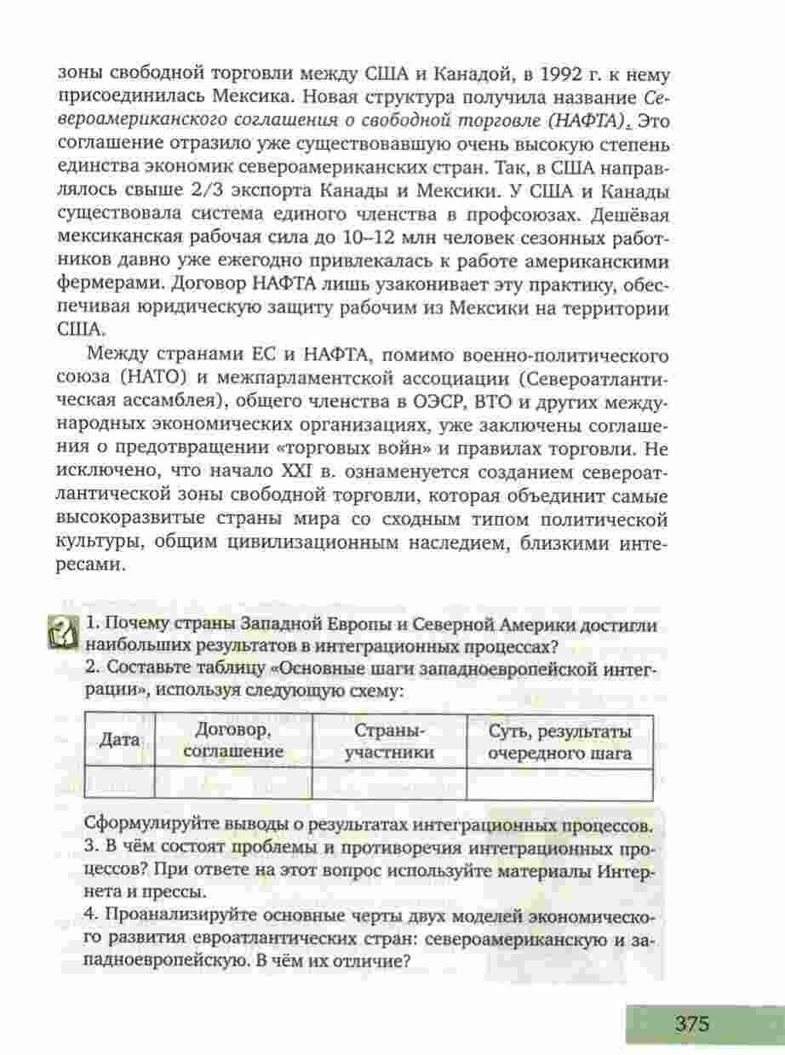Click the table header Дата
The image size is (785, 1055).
tap(119, 739)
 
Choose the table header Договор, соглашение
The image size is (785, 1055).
tap(233, 740)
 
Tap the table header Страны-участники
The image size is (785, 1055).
tap(388, 740)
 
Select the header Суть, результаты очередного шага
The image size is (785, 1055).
tap(559, 741)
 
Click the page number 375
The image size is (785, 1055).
tap(691, 1023)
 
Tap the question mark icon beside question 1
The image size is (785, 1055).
tap(63, 633)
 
